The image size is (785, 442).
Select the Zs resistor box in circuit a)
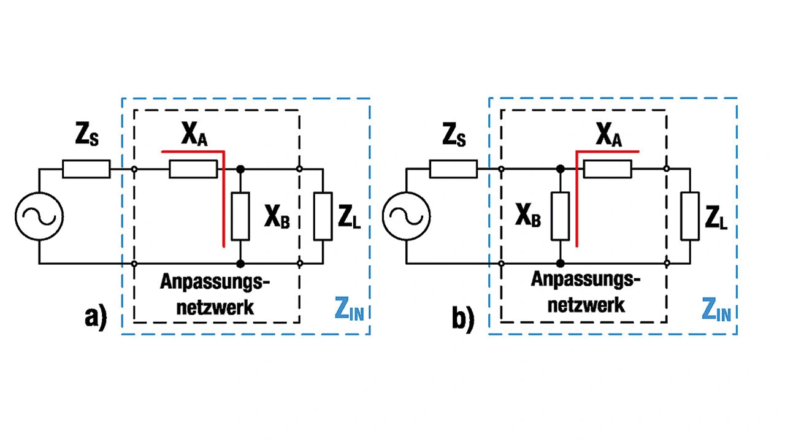[x=86, y=169]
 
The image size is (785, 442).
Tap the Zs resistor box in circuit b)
[x=453, y=169]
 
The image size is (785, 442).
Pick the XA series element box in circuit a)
[x=193, y=169]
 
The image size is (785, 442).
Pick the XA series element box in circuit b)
[x=607, y=169]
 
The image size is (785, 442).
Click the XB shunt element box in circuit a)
[x=241, y=216]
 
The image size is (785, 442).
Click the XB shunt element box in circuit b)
[x=561, y=216]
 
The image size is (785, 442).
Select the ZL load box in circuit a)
[x=323, y=216]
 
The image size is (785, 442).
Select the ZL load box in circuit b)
[x=690, y=216]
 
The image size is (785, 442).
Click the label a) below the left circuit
[x=95, y=318]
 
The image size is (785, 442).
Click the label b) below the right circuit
[x=463, y=319]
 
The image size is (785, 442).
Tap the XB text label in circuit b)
[x=528, y=217]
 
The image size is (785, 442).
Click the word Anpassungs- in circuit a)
[x=215, y=283]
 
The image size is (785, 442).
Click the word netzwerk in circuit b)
[x=586, y=305]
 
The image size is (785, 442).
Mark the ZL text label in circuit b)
[x=716, y=217]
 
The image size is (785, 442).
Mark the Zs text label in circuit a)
[x=86, y=138]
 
